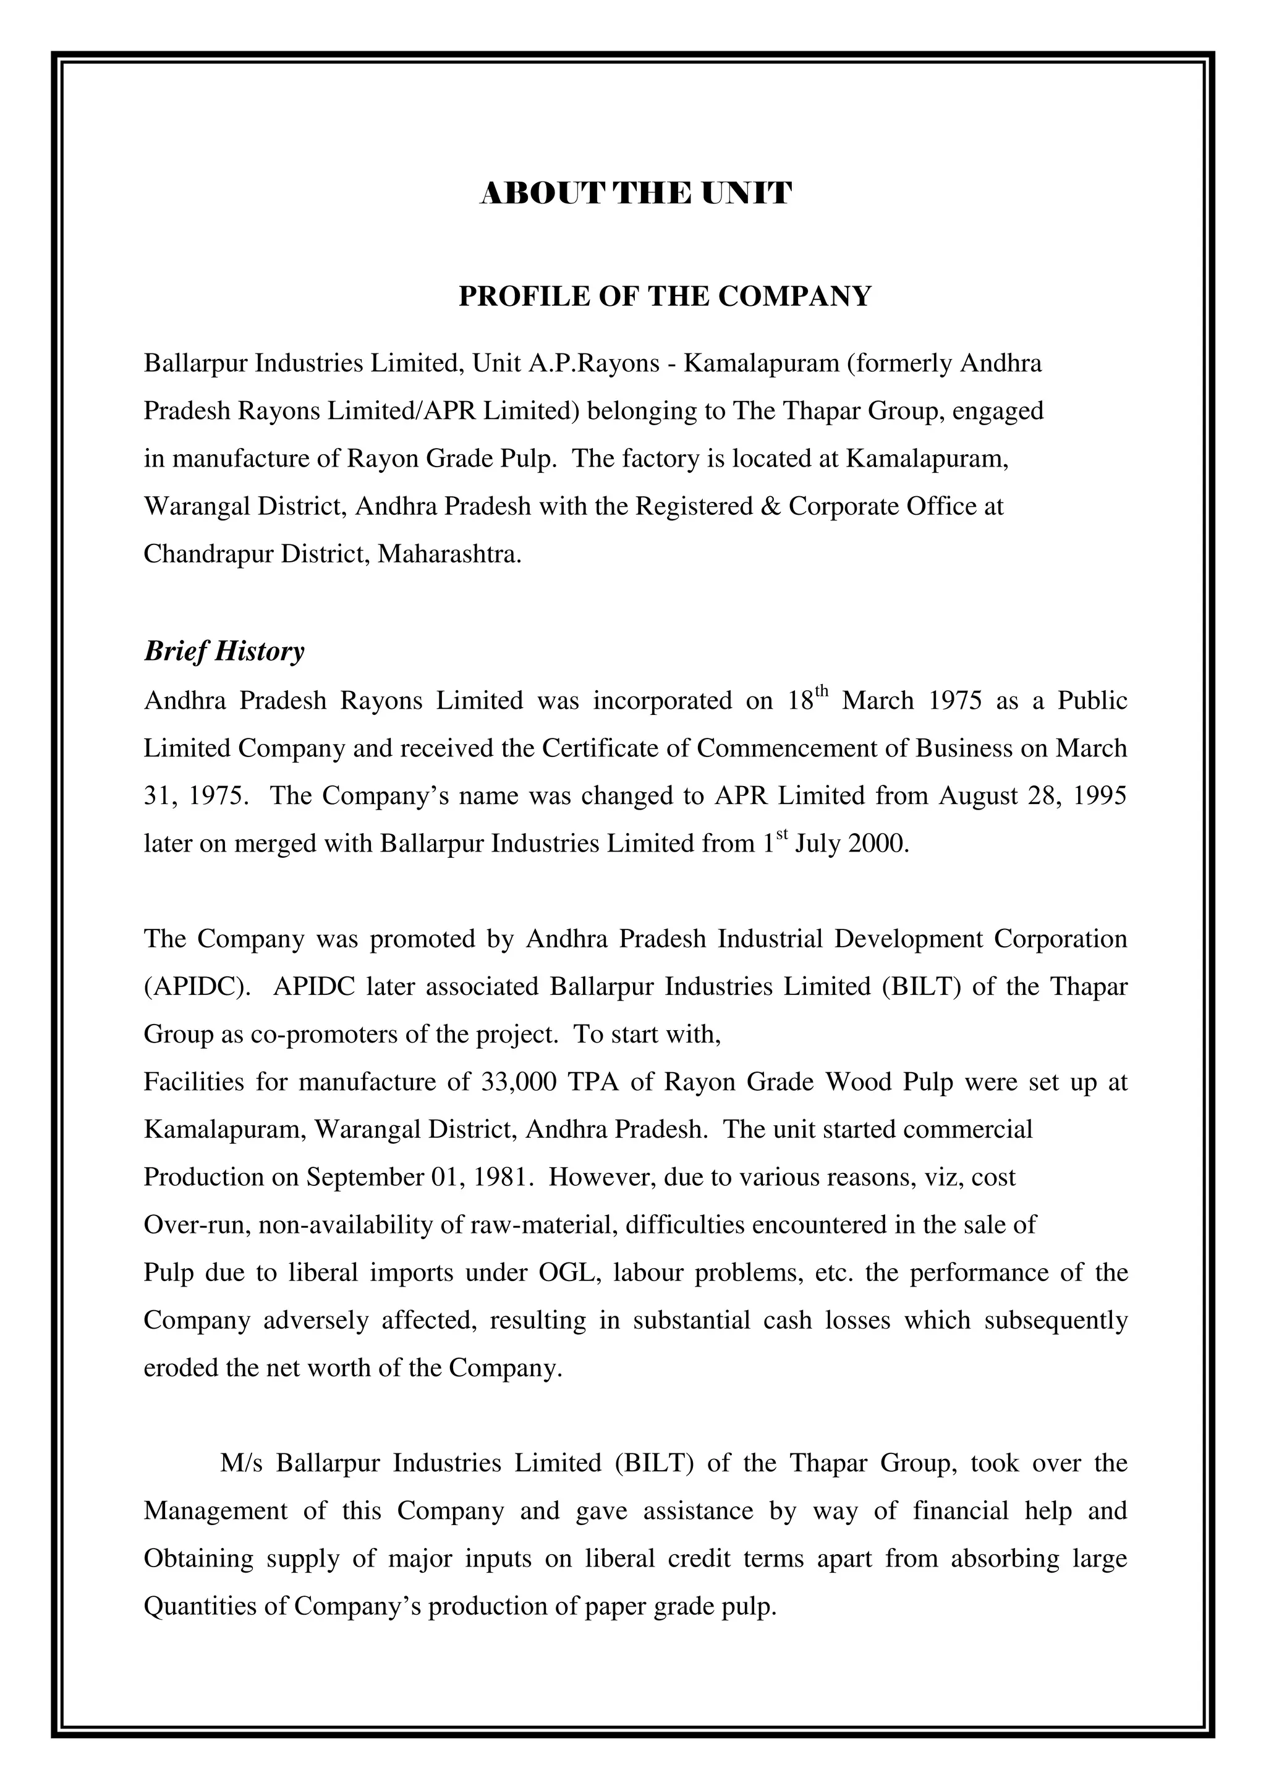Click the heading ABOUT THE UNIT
635,193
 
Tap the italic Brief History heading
224,651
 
